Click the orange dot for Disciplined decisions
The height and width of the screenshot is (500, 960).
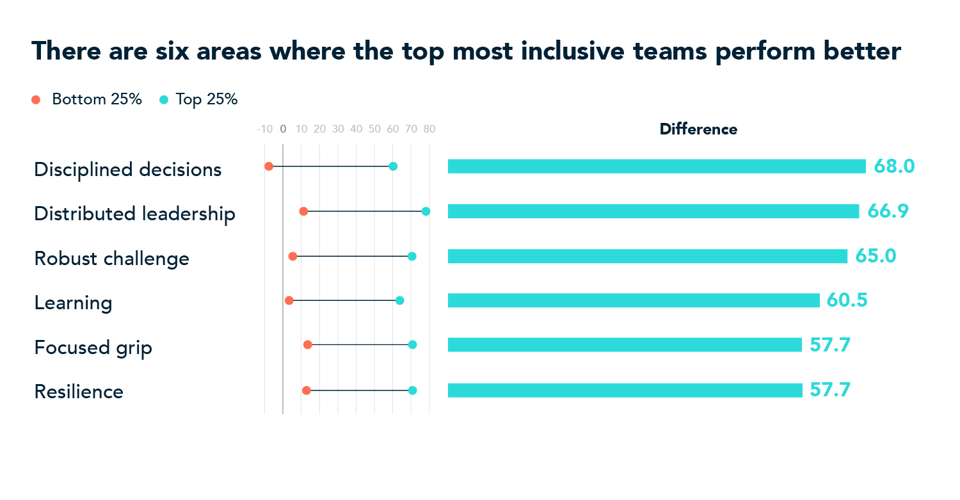pos(269,166)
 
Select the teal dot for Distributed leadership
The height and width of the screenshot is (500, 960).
pos(426,211)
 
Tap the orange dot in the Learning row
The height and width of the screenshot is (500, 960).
pos(289,300)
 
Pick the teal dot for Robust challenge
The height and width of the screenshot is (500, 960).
pos(412,256)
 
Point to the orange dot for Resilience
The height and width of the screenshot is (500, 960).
pos(306,391)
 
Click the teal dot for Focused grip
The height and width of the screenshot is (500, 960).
pos(412,345)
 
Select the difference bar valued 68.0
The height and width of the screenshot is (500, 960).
pos(656,166)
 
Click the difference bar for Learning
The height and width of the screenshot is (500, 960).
pos(634,300)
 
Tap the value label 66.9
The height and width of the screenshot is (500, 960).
pos(888,211)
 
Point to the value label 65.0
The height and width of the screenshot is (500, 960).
pos(876,256)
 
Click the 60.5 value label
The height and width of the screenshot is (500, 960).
pos(847,300)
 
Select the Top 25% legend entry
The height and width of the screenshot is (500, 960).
pos(198,100)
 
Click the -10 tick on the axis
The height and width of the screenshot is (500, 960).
pos(264,129)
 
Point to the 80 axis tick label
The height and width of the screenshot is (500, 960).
pos(429,129)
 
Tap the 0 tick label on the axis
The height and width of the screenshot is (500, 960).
pos(283,129)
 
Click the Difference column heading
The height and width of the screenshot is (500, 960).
pos(698,129)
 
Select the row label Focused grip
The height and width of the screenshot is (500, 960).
pos(93,348)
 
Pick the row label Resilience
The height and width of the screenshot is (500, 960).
pos(79,392)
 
